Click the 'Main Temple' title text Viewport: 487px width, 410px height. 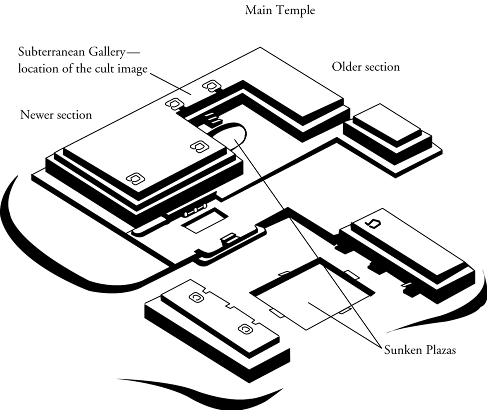point(280,10)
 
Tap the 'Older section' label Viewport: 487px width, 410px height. point(366,66)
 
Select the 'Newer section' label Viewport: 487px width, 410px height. point(56,114)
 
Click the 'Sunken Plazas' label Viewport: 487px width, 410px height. point(420,349)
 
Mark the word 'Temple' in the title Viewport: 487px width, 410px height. point(297,10)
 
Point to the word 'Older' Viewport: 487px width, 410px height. point(347,66)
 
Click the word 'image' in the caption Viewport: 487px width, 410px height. point(134,69)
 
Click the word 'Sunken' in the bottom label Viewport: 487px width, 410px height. point(401,349)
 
